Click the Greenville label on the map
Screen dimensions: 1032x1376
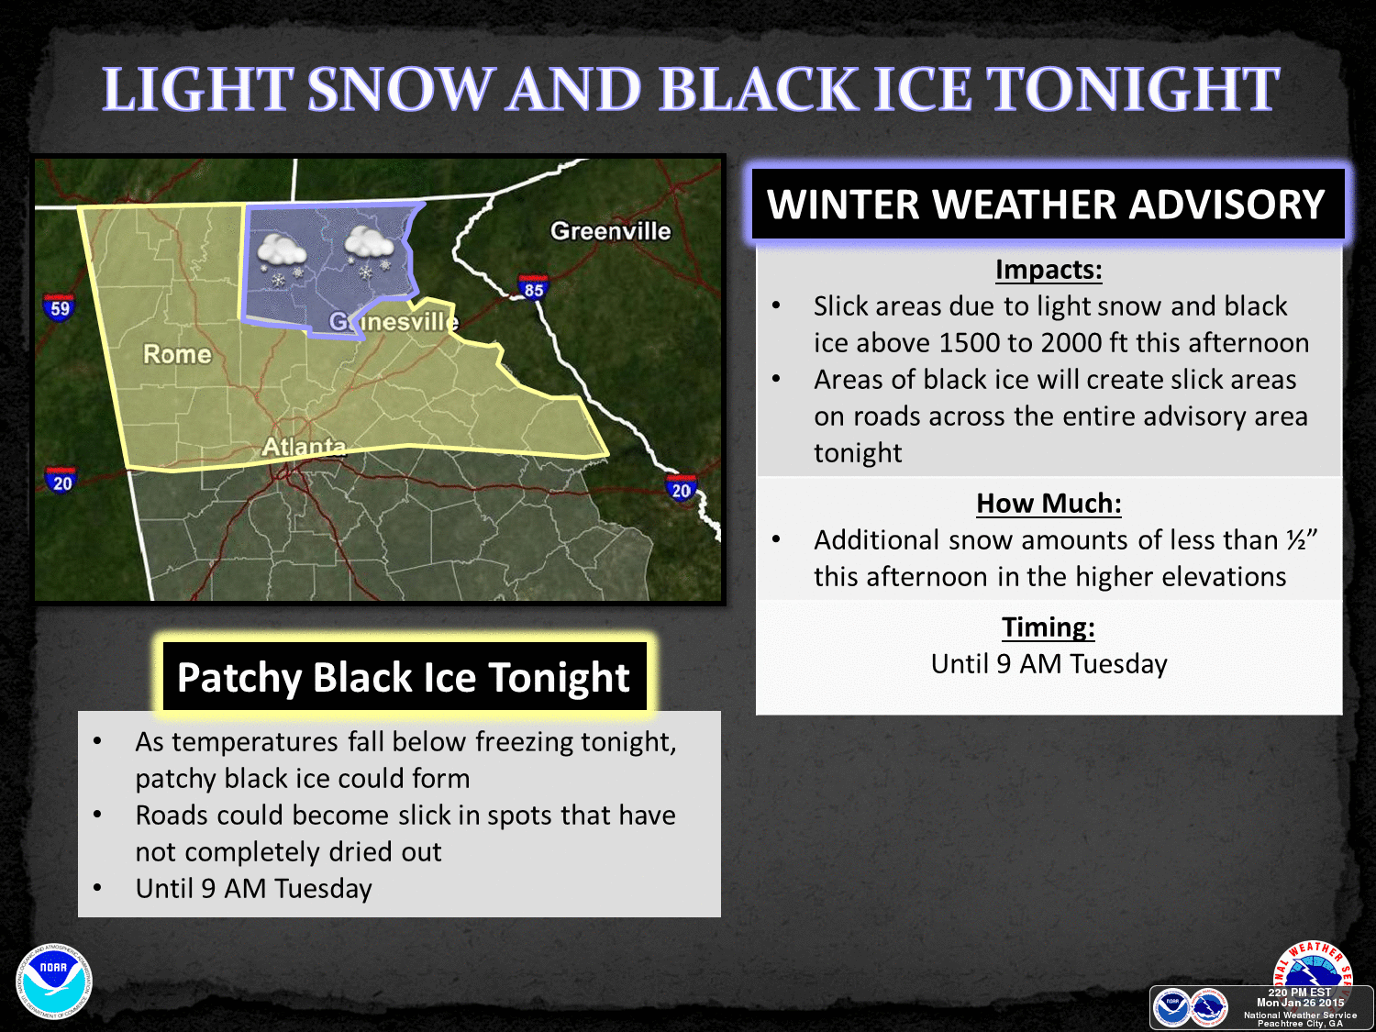point(610,231)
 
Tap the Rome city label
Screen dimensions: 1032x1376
point(177,354)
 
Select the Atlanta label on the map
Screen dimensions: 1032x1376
point(304,447)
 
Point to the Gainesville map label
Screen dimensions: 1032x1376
point(394,322)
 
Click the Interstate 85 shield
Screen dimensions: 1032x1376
point(533,288)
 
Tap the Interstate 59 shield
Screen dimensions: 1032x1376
point(60,307)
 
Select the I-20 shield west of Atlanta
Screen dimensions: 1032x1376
point(61,481)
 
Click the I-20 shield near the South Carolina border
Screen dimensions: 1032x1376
point(681,489)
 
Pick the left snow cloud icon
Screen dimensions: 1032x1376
point(281,256)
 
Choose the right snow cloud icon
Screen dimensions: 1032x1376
point(369,249)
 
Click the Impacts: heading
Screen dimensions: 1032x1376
point(1049,270)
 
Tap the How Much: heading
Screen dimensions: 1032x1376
point(1049,504)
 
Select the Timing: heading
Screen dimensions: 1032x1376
point(1049,627)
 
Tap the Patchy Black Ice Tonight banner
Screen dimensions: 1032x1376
point(404,678)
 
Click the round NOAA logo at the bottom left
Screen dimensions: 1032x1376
point(54,981)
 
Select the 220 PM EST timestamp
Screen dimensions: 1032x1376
point(1299,993)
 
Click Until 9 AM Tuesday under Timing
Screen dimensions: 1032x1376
point(1049,664)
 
